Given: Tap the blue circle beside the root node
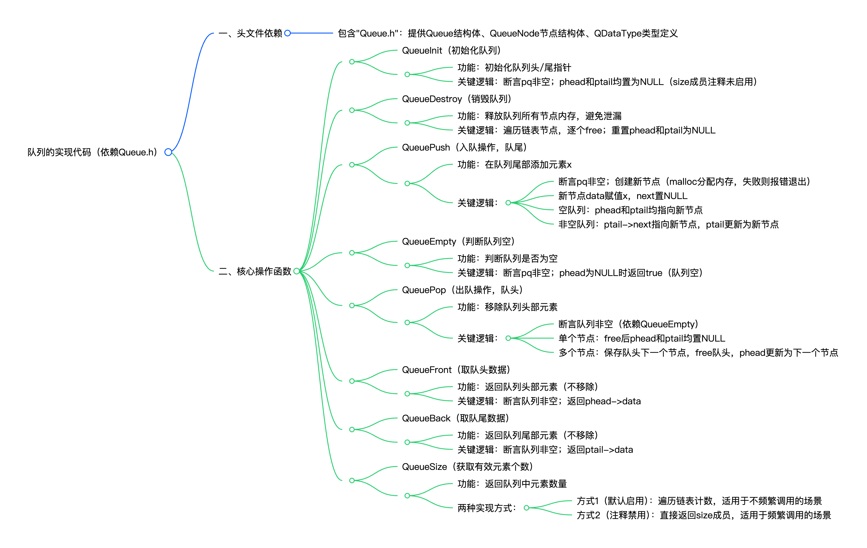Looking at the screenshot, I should [x=168, y=152].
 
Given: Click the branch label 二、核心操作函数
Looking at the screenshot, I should [x=255, y=271].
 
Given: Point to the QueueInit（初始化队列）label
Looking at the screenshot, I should [x=451, y=50].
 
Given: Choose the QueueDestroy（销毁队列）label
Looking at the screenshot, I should [x=456, y=99].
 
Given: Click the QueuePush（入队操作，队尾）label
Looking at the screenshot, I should [x=464, y=147].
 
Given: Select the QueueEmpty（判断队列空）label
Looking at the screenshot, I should [x=458, y=241].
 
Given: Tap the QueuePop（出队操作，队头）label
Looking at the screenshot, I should [x=462, y=290].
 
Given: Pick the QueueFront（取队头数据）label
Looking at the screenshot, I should [x=456, y=370].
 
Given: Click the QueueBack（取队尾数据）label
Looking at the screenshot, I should [x=455, y=418].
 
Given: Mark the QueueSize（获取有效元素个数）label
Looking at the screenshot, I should [x=467, y=467].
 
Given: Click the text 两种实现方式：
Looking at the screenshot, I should [x=487, y=508].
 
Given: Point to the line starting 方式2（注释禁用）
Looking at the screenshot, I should [x=704, y=515].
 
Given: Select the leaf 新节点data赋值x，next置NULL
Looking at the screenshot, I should [x=623, y=196].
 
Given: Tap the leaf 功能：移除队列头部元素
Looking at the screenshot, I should [x=507, y=307].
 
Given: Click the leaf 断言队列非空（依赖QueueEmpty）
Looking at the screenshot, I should [x=628, y=324].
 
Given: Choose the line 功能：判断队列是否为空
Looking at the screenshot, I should [x=507, y=259].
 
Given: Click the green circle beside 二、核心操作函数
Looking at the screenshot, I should [x=297, y=271].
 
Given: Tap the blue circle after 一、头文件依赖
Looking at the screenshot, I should [x=287, y=33].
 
